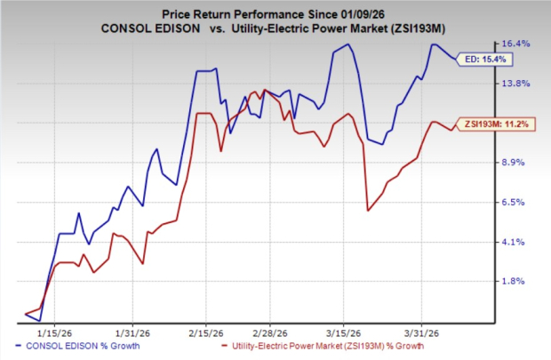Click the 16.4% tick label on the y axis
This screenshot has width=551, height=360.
click(x=517, y=44)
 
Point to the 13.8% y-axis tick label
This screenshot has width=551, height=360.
click(x=517, y=83)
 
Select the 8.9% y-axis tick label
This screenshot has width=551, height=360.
click(x=517, y=163)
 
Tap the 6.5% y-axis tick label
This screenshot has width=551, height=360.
click(x=517, y=203)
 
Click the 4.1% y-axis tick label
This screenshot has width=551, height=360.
click(x=517, y=242)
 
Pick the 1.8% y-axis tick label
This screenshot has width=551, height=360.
click(x=517, y=282)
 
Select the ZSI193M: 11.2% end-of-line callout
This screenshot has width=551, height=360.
click(x=491, y=124)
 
